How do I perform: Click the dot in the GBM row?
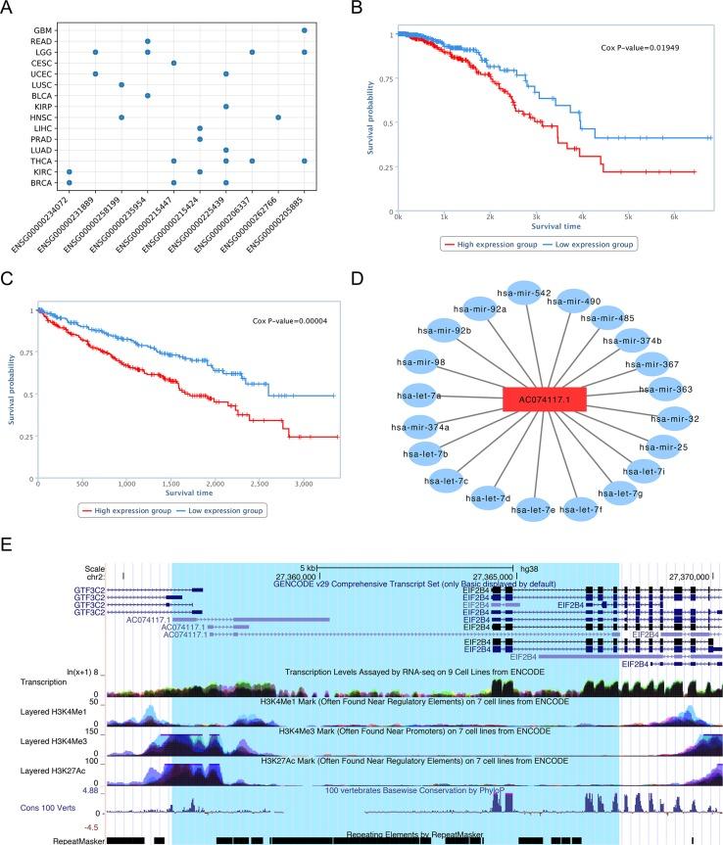tap(305, 31)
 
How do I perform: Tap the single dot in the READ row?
tap(147, 41)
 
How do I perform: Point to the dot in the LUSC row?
tap(120, 85)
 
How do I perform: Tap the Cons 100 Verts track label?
tap(36, 809)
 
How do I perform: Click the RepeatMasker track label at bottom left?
tap(32, 839)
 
